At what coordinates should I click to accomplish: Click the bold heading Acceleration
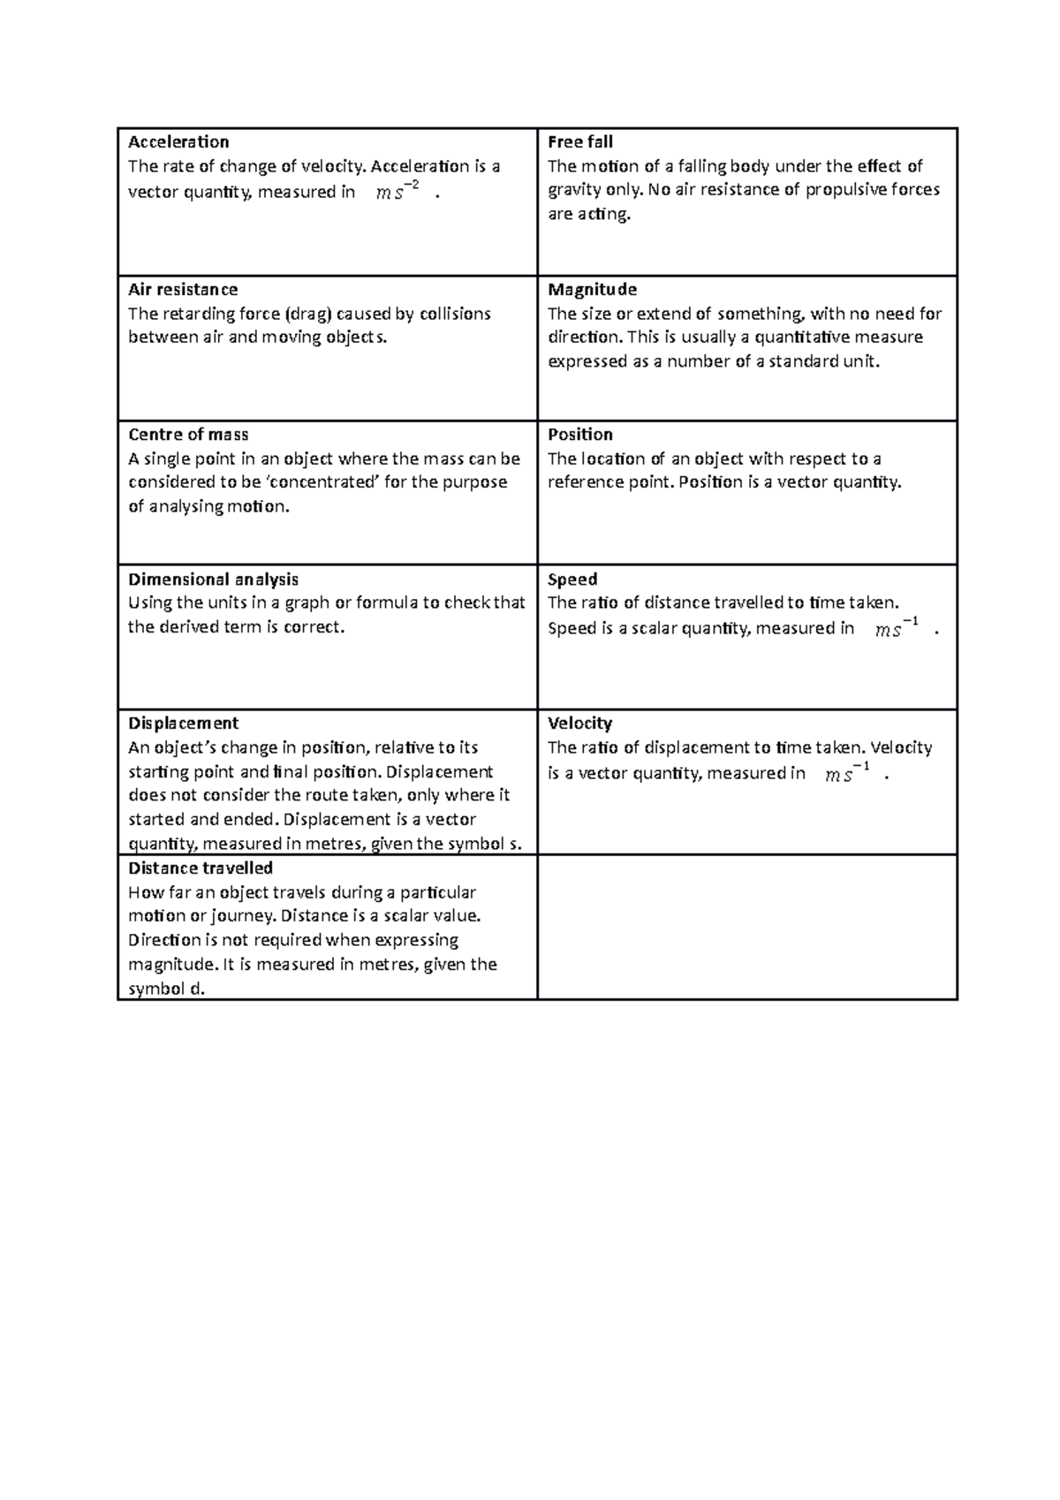pos(178,142)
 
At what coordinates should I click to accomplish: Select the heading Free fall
pos(579,142)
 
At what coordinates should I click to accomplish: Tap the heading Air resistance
pos(183,290)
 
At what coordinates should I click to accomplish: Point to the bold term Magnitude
pos(592,290)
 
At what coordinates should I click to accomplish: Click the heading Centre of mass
pos(188,435)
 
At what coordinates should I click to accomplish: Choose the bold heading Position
pos(579,435)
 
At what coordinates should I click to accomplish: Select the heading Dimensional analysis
pos(213,580)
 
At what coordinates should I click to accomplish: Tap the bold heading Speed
pos(572,580)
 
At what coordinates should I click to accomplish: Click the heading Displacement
pos(183,723)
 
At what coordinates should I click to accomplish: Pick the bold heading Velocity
pos(579,723)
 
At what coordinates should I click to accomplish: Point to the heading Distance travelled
pos(201,868)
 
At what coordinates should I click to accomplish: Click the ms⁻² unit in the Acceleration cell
pos(397,191)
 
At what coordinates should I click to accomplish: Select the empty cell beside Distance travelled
pos(747,927)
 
